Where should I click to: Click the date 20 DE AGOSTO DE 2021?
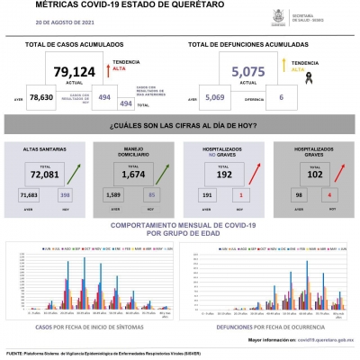[x=63, y=19]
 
